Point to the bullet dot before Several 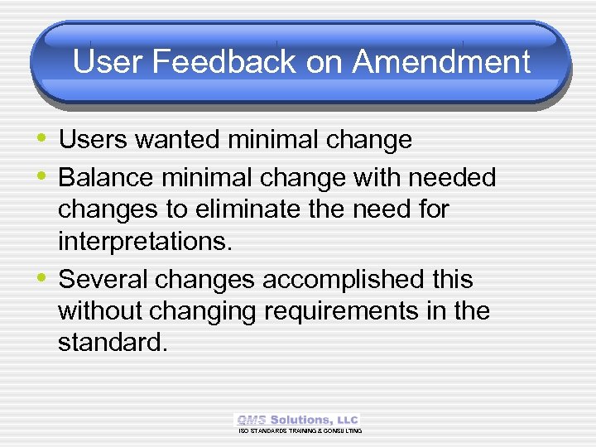point(42,279)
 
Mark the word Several point(107,280)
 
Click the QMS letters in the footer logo point(251,421)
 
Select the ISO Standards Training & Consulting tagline point(300,431)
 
